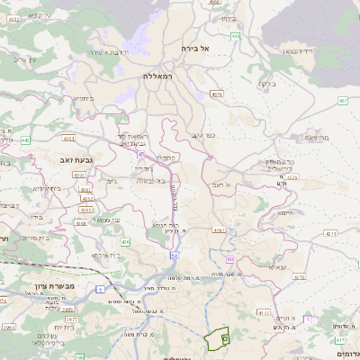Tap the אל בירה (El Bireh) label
pyautogui.click(x=194, y=48)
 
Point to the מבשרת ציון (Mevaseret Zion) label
pyautogui.click(x=37, y=288)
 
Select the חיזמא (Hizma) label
pyautogui.click(x=287, y=213)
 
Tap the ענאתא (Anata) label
pyautogui.click(x=278, y=266)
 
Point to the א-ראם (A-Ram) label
pyautogui.click(x=222, y=184)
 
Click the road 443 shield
pyautogui.click(x=24, y=140)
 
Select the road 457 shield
pyautogui.click(x=343, y=101)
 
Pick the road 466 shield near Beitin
pyautogui.click(x=235, y=36)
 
